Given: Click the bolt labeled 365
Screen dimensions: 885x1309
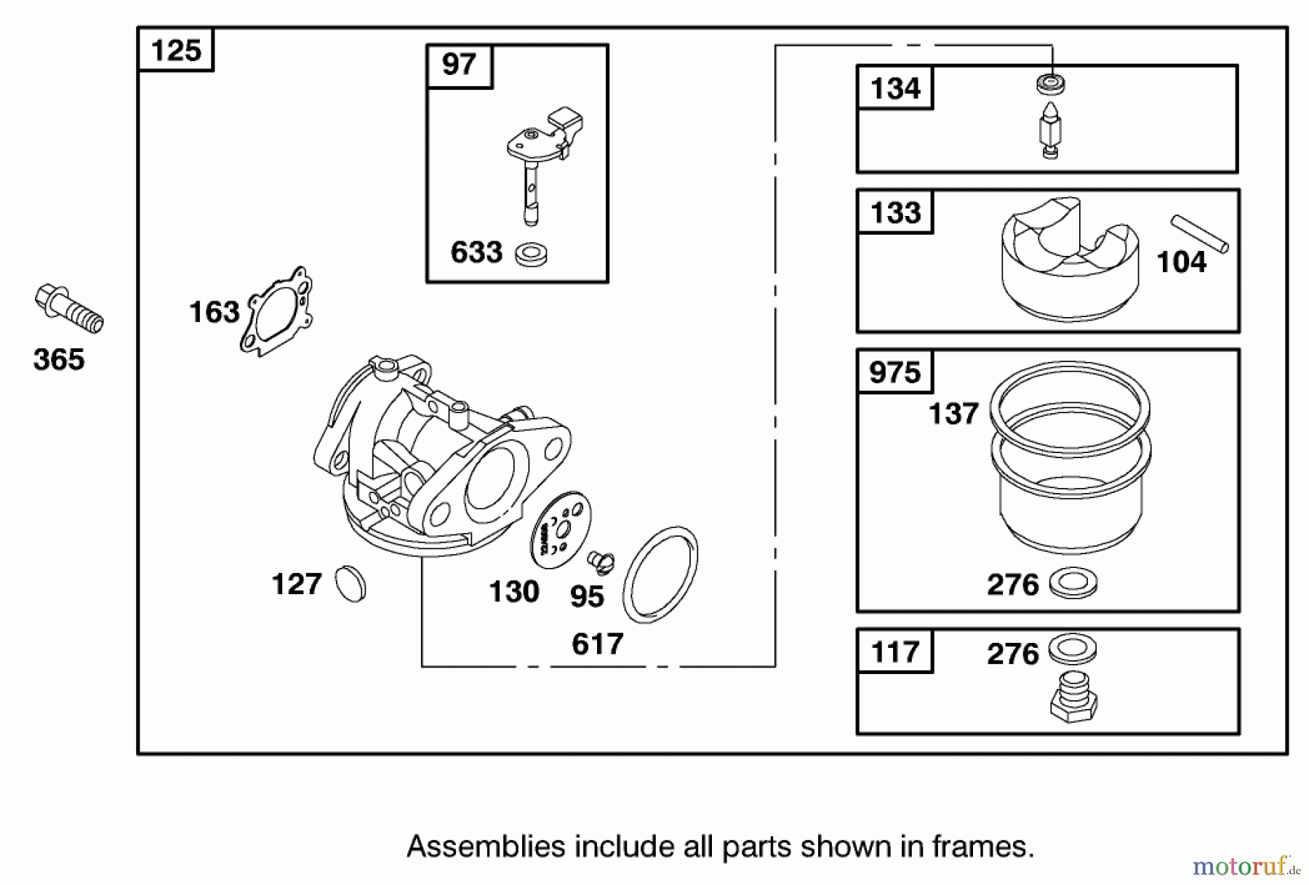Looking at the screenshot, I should [x=69, y=309].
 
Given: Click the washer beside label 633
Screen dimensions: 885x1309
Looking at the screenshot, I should [x=531, y=255].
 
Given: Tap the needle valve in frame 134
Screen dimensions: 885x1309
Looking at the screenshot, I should [x=1050, y=132].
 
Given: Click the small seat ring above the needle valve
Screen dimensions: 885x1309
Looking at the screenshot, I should [x=1051, y=84].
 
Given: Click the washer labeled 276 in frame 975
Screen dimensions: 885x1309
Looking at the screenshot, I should [x=1074, y=583].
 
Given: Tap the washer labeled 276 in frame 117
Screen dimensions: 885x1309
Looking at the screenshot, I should [x=1073, y=649].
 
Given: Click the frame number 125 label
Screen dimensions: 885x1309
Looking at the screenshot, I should [x=176, y=51].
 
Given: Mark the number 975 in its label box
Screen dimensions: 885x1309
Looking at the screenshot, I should [x=894, y=372].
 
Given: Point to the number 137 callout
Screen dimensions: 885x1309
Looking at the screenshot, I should [x=953, y=414].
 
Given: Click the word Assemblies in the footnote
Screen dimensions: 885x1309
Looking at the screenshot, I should [x=486, y=847].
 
